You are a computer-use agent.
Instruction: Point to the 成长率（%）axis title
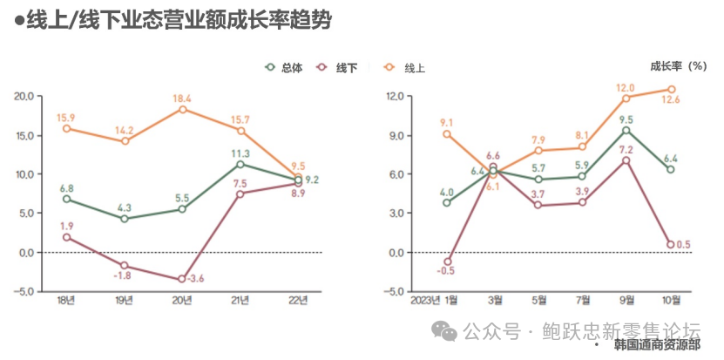679,65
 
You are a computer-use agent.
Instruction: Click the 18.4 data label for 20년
182,98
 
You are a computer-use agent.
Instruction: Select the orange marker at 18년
66,128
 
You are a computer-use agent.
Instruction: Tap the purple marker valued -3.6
182,279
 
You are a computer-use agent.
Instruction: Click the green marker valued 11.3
240,164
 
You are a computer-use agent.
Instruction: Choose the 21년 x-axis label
240,301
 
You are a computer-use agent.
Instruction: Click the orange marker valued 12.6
671,89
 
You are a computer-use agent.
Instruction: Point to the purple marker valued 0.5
671,245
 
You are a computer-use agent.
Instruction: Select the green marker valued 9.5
626,130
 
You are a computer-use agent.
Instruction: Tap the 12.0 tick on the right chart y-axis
395,96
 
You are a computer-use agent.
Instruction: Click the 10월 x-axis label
671,301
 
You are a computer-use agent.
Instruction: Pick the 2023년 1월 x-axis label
434,301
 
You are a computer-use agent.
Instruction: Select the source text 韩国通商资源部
656,346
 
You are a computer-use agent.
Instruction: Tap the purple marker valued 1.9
66,237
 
